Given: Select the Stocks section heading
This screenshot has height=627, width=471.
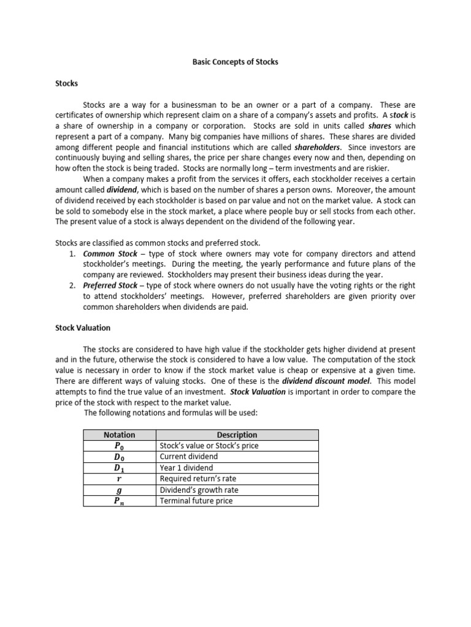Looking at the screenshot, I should [x=66, y=83].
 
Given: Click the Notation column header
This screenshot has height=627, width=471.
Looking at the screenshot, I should [x=120, y=435].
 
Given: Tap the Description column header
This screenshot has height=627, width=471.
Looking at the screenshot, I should [x=237, y=435].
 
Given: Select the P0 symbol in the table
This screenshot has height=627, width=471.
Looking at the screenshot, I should [x=120, y=446].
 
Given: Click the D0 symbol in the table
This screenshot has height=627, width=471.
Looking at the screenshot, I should [x=120, y=457].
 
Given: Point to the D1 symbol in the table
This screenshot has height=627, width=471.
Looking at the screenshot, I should [x=120, y=468].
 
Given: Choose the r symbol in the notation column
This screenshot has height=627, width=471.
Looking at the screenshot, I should [x=120, y=479].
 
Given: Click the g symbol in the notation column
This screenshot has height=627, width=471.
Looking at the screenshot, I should [x=120, y=490].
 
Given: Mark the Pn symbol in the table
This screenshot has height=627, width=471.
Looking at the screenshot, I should [x=120, y=501].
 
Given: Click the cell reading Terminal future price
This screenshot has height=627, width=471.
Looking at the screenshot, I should [x=196, y=501].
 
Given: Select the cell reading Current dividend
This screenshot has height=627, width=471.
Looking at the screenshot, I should [x=188, y=457].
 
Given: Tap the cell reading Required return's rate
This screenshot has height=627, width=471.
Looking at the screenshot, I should [x=197, y=479].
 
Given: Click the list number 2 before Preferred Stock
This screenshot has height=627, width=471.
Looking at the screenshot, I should [x=72, y=286].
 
